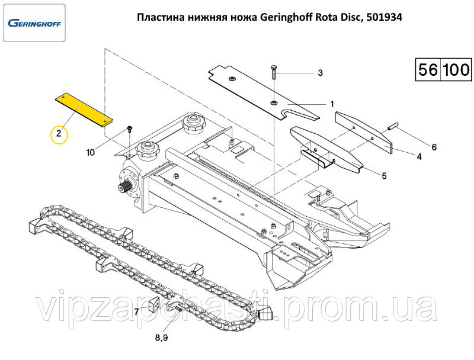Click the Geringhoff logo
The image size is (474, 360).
click(34, 23)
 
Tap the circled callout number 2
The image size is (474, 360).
click(59, 133)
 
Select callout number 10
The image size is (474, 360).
click(91, 153)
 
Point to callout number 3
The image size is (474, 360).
click(320, 73)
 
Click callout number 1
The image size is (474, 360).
click(332, 104)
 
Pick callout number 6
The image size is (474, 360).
click(434, 147)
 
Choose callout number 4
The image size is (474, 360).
click(419, 156)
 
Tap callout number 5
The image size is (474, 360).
click(384, 175)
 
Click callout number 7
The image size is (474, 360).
click(136, 311)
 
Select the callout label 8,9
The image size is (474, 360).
click(161, 337)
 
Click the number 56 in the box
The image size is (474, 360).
click(428, 69)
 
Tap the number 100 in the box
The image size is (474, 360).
click(456, 69)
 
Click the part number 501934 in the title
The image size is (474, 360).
click(384, 17)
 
